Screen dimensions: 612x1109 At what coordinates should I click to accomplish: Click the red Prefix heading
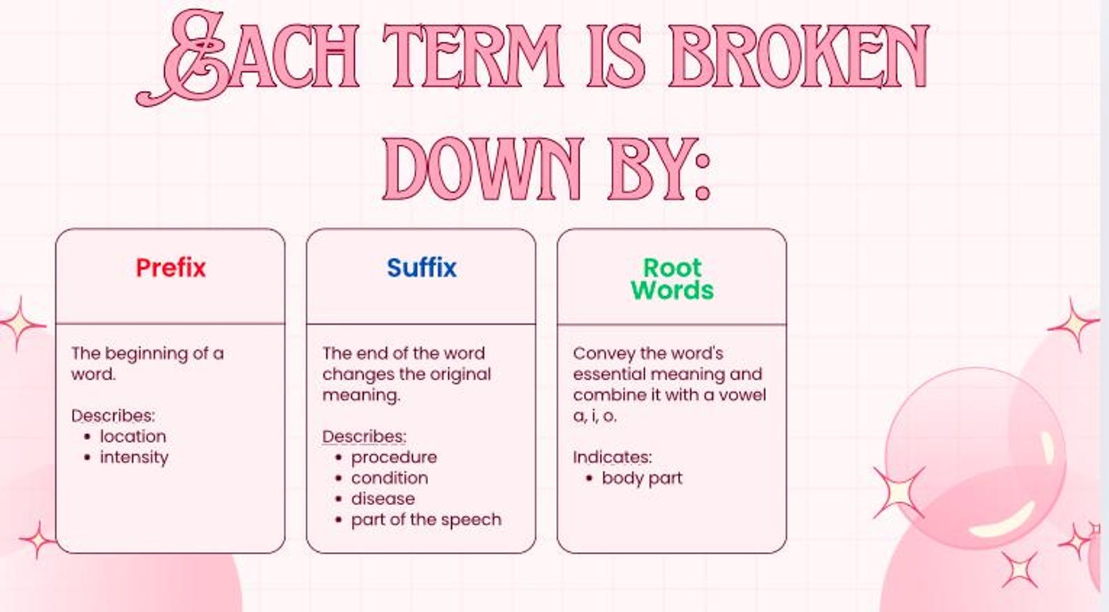point(171,268)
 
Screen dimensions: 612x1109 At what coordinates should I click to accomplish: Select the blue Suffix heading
point(421,268)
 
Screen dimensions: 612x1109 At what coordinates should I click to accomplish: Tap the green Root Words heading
point(672,279)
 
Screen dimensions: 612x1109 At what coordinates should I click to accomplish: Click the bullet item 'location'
point(133,437)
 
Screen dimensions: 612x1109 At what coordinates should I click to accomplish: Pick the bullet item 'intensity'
point(134,458)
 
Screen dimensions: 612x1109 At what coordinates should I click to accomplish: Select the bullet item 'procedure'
point(394,458)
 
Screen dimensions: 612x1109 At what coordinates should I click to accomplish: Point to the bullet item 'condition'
point(390,479)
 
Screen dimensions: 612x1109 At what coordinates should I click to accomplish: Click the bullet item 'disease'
point(383,499)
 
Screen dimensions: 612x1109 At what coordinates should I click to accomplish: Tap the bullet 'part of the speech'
point(426,520)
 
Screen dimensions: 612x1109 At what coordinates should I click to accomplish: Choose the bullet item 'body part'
point(642,479)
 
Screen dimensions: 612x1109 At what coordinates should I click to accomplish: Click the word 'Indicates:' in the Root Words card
point(612,458)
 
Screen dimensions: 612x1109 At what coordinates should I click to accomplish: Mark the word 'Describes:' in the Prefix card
point(113,416)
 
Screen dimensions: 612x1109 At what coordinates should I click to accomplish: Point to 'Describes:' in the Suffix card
point(364,437)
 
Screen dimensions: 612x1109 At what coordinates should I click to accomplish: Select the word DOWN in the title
point(483,169)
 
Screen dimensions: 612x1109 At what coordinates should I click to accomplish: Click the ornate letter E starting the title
point(189,59)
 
